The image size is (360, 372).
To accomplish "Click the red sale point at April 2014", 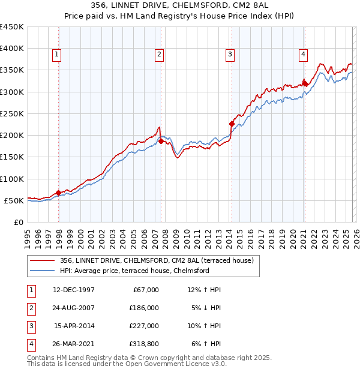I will pos(232,124).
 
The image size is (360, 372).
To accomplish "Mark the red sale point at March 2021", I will pos(305,83).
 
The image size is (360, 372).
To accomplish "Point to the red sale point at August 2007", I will pos(161,142).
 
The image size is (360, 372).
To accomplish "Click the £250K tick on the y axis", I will pos(12,113).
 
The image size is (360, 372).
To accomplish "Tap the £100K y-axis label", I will pos(12,179).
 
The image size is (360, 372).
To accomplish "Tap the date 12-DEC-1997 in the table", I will pos(74,290).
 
